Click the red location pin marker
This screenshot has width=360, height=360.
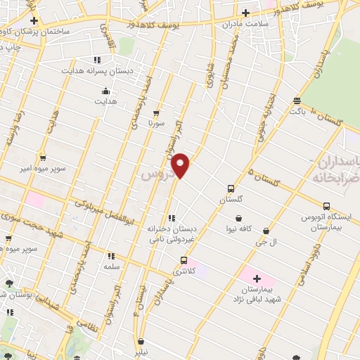point(181,165)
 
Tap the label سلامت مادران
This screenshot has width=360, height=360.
point(246,25)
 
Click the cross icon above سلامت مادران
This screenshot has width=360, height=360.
point(245,13)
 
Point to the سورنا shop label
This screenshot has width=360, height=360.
point(155,123)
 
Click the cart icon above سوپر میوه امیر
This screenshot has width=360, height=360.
point(43,157)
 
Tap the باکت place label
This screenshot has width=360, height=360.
point(297,110)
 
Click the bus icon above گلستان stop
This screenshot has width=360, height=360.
point(231,188)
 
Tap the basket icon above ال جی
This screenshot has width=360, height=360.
point(266,230)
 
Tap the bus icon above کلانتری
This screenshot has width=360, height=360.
point(184,259)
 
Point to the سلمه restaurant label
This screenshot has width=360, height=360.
point(111,266)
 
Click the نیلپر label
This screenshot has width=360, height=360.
point(141,349)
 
